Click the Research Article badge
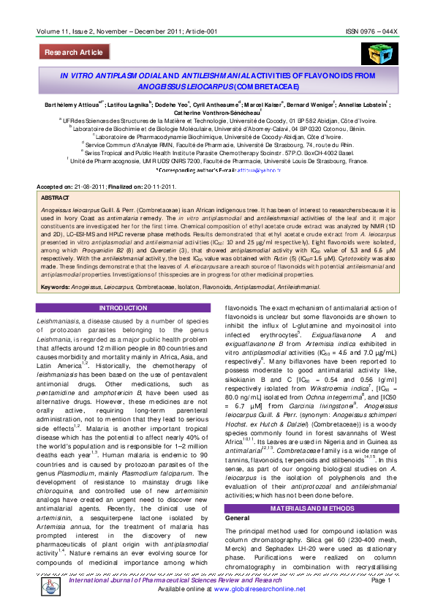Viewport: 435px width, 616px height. coord(74,53)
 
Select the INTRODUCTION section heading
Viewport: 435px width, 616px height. coord(123,308)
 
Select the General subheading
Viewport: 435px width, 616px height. coord(237,497)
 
